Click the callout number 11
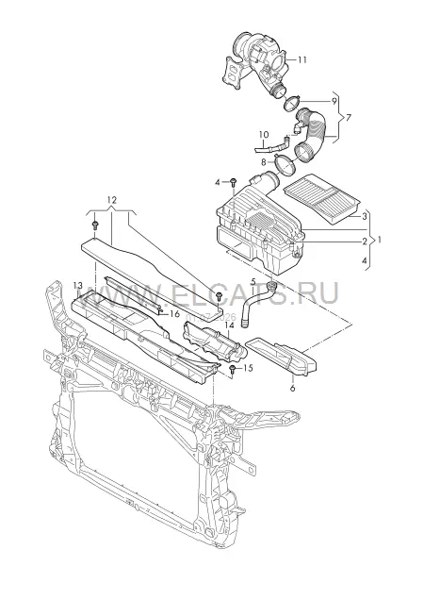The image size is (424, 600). [x=302, y=59]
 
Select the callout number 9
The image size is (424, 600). [x=334, y=101]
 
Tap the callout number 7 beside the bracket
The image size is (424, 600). [x=348, y=118]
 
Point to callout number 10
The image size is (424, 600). [x=264, y=135]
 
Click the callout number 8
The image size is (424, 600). [x=264, y=162]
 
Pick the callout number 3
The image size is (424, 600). [x=365, y=217]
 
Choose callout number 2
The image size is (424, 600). [x=365, y=242]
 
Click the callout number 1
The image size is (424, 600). [x=379, y=240]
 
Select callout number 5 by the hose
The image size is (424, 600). [x=253, y=282]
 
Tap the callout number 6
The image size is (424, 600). [x=293, y=388]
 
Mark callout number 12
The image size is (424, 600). [x=111, y=200]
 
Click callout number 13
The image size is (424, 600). [x=77, y=286]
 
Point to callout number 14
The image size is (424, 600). [x=229, y=325]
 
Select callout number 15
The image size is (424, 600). [x=248, y=368]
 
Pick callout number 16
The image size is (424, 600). [x=174, y=314]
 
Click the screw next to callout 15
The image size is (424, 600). [x=232, y=369]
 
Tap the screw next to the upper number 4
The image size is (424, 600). [x=234, y=182]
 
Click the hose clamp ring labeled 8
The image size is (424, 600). [x=284, y=166]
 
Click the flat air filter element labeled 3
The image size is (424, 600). [x=321, y=198]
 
